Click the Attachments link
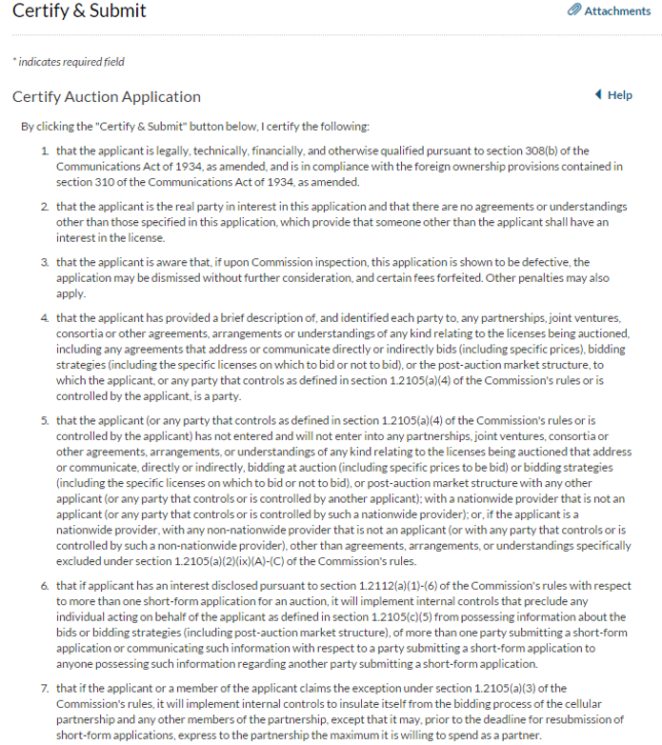click(x=617, y=10)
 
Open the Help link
click(x=620, y=95)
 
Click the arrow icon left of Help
click(x=597, y=95)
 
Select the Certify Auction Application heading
click(x=107, y=97)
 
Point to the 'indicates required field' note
click(x=69, y=62)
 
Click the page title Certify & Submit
click(x=79, y=11)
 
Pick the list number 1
click(x=45, y=151)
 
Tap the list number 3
click(x=45, y=262)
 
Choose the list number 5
click(x=45, y=420)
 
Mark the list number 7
click(x=45, y=689)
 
